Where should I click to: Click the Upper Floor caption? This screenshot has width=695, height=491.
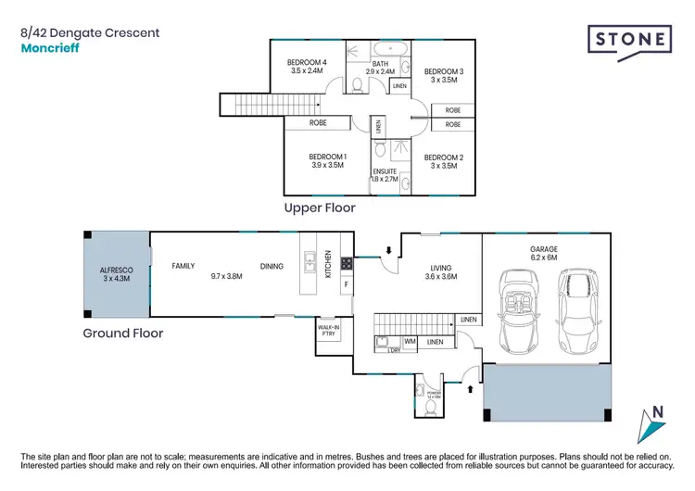[320, 208]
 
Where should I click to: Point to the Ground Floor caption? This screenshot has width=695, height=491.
[123, 333]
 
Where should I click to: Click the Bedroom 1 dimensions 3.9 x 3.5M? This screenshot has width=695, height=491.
[326, 166]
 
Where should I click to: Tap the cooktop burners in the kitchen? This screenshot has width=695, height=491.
[347, 263]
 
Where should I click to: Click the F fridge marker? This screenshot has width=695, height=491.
[347, 284]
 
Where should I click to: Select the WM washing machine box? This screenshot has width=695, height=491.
[410, 342]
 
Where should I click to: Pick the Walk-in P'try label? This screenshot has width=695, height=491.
[327, 331]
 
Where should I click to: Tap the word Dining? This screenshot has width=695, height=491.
[272, 266]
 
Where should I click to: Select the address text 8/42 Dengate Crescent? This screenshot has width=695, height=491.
[90, 32]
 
